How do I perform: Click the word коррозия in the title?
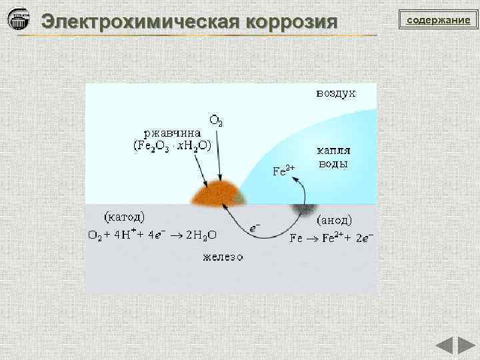[292, 21]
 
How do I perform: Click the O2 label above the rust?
[217, 121]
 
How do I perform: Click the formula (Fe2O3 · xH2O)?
[173, 145]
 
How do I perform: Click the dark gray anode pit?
[303, 210]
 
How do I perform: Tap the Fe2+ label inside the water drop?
[284, 170]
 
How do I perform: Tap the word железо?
[223, 257]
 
